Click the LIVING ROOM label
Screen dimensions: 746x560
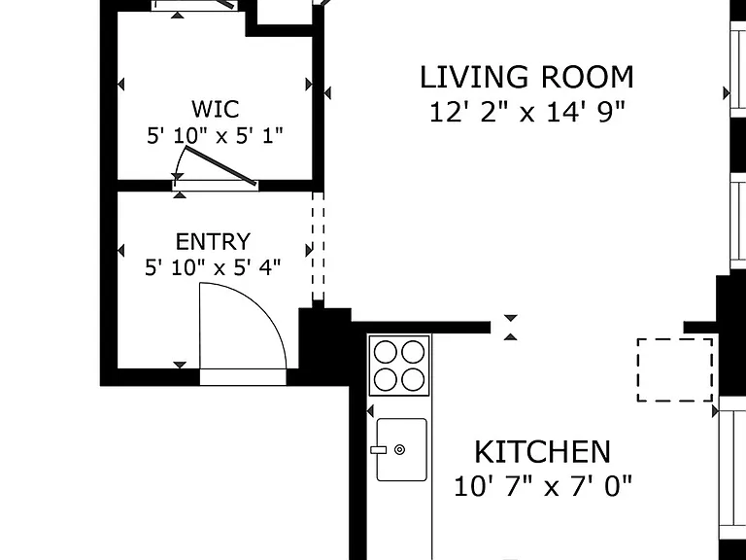526,77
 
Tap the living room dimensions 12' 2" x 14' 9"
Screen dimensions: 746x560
526,113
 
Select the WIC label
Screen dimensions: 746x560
215,109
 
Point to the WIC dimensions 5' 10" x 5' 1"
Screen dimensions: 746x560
215,136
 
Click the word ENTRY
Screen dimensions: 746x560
213,241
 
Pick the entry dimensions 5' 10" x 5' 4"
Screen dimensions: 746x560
213,267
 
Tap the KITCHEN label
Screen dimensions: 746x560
542,452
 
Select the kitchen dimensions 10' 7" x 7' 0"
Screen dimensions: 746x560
543,487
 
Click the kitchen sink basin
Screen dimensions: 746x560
401,449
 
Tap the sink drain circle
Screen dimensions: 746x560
399,449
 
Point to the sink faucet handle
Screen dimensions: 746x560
378,449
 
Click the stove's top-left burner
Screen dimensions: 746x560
386,353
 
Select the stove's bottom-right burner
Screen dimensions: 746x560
413,379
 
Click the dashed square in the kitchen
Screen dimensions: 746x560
675,339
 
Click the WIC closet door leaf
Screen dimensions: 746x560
220,165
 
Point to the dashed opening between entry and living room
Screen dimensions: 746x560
318,246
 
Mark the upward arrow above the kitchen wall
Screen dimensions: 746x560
511,337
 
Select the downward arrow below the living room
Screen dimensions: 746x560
511,318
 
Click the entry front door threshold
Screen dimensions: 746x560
243,376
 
